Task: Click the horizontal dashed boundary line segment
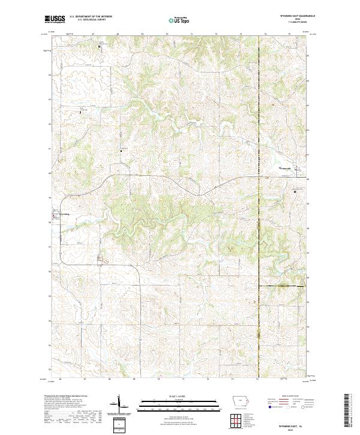click(282, 287)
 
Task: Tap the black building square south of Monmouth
click(294, 191)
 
